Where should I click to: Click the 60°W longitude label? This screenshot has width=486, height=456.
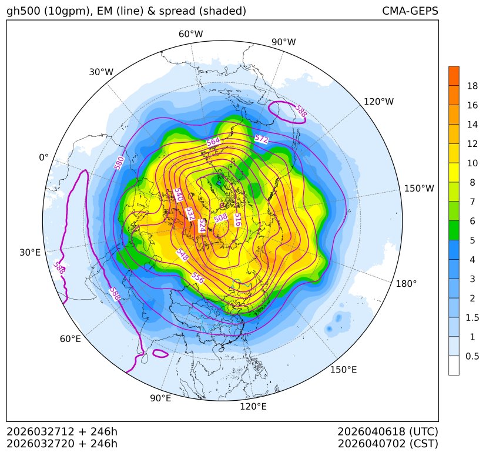point(190,34)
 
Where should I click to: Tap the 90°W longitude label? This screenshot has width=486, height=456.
point(283,42)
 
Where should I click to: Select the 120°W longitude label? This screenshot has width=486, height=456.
point(378,102)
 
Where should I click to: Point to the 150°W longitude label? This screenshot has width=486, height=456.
point(419,189)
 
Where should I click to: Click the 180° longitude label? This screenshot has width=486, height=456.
point(406,284)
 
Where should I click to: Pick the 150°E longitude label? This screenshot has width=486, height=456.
point(343,370)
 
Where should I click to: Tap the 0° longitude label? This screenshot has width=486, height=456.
point(43,157)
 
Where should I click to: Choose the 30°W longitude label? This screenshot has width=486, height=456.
point(101,72)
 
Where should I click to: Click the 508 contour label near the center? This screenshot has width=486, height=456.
point(220,218)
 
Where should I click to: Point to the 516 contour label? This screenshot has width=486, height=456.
point(237,220)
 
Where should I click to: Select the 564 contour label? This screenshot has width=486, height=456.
point(213,142)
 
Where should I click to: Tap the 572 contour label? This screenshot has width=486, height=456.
point(261,139)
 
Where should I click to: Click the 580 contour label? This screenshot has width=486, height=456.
point(120,163)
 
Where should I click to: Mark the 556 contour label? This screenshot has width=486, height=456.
point(197,279)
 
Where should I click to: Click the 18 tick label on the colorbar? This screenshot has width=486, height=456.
point(472,86)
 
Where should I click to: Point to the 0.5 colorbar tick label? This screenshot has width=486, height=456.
point(472,356)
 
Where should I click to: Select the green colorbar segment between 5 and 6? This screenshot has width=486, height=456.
point(454,230)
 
